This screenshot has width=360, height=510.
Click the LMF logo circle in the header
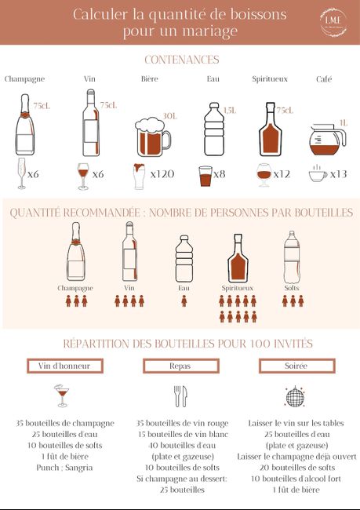pos(330,22)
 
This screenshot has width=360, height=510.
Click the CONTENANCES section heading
pos(181,60)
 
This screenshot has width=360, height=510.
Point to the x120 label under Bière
pos(162,174)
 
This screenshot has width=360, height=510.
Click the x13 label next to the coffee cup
pos(339,174)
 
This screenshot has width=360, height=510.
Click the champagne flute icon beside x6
pos(21,173)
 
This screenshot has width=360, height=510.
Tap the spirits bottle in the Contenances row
pos(271,129)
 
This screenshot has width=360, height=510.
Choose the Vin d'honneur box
pos(64,366)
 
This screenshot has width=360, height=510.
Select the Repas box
pos(180,366)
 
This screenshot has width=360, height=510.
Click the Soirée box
pos(295,366)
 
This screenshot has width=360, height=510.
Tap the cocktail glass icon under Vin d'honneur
pos(61,396)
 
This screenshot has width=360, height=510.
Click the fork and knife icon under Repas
pos(180,396)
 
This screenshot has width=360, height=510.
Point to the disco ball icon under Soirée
pos(295,397)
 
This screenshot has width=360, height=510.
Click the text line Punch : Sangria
pos(64,468)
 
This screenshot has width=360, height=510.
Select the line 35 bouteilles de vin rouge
pos(180,423)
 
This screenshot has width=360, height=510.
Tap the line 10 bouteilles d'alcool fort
pos(295,479)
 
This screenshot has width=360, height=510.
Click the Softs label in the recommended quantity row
pos(291,288)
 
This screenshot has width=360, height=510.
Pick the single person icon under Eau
pos(184,301)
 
